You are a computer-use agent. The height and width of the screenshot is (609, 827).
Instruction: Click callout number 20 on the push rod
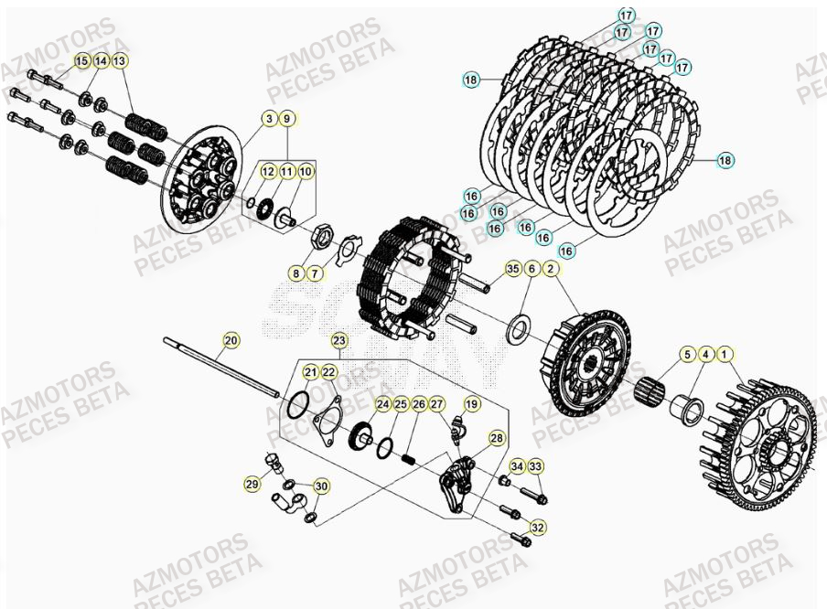(231, 340)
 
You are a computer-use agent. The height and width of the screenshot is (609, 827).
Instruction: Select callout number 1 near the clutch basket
(725, 353)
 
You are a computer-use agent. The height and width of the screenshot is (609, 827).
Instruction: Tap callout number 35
(512, 269)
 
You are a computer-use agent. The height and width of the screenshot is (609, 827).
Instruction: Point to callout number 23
(339, 340)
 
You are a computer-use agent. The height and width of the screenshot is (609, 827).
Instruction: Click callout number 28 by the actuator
(496, 439)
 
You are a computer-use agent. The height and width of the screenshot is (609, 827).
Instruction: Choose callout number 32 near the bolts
(537, 527)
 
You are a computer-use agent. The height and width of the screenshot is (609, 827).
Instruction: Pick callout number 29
(252, 483)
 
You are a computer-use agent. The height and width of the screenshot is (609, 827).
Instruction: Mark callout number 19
(472, 403)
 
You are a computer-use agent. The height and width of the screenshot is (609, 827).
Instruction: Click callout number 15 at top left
(82, 60)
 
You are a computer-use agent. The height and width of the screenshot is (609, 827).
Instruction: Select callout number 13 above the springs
(121, 60)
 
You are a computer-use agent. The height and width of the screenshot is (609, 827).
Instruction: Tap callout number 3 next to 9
(269, 119)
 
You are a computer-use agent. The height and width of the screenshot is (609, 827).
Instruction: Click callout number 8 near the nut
(295, 272)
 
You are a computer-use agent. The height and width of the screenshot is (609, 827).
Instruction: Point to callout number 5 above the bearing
(686, 353)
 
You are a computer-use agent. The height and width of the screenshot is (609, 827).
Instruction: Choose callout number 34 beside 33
(517, 466)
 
